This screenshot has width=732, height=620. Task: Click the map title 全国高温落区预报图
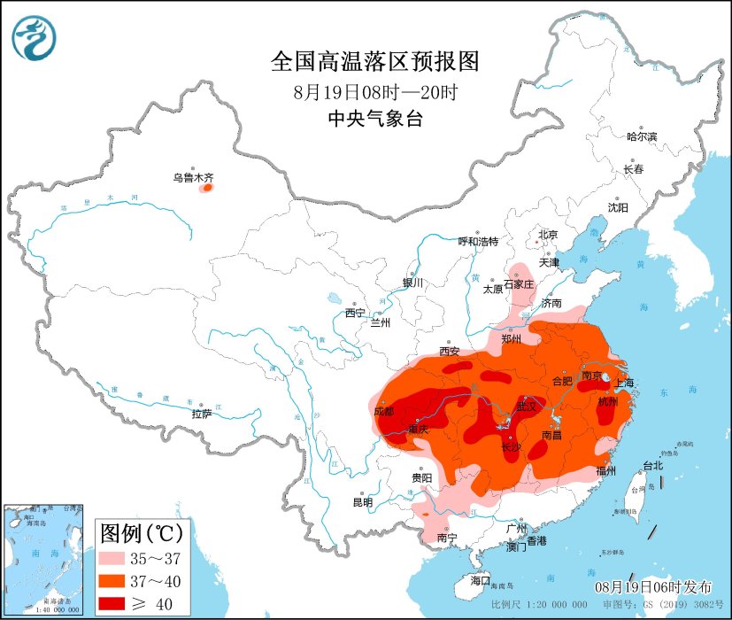click(374, 61)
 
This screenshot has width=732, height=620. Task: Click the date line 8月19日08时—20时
click(374, 91)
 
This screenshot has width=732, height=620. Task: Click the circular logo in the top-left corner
click(34, 37)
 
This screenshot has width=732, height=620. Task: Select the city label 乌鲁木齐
click(193, 177)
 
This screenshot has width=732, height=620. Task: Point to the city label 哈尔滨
click(642, 136)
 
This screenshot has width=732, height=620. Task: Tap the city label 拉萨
click(201, 414)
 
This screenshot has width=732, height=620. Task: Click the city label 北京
click(548, 235)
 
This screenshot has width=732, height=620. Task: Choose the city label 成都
click(383, 411)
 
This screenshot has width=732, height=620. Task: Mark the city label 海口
click(480, 580)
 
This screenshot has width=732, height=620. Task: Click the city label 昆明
click(363, 502)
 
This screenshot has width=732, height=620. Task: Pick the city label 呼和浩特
click(478, 241)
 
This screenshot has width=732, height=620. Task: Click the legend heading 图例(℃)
click(142, 534)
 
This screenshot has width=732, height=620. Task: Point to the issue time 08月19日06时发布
click(652, 586)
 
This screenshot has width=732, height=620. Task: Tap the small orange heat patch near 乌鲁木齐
click(207, 188)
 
